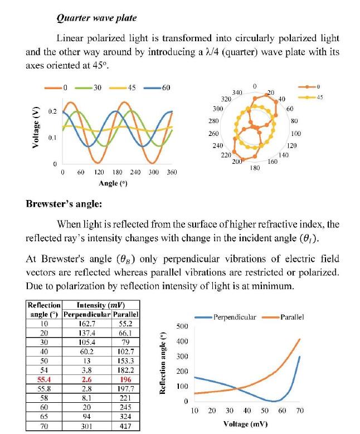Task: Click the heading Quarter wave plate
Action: (97, 18)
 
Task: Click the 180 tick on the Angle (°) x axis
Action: (117, 173)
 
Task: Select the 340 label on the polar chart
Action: (237, 92)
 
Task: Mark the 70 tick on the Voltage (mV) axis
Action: (300, 411)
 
